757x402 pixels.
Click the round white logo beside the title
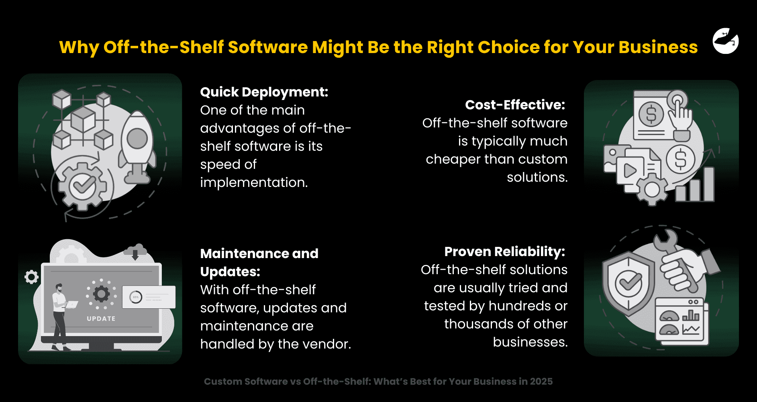pyautogui.click(x=725, y=41)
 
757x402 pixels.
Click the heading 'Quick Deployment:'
pyautogui.click(x=264, y=92)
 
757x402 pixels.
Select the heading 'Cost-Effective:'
pyautogui.click(x=515, y=105)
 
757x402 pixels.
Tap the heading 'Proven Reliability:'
pyautogui.click(x=504, y=252)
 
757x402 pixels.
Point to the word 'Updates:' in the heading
pyautogui.click(x=230, y=272)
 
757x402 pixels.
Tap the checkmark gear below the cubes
pyautogui.click(x=82, y=186)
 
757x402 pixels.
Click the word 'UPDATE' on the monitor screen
pyautogui.click(x=101, y=318)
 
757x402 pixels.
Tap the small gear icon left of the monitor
pyautogui.click(x=31, y=277)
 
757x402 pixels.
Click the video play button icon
pyautogui.click(x=630, y=171)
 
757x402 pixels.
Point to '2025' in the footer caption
pyautogui.click(x=541, y=381)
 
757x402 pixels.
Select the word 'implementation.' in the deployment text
pyautogui.click(x=254, y=183)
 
